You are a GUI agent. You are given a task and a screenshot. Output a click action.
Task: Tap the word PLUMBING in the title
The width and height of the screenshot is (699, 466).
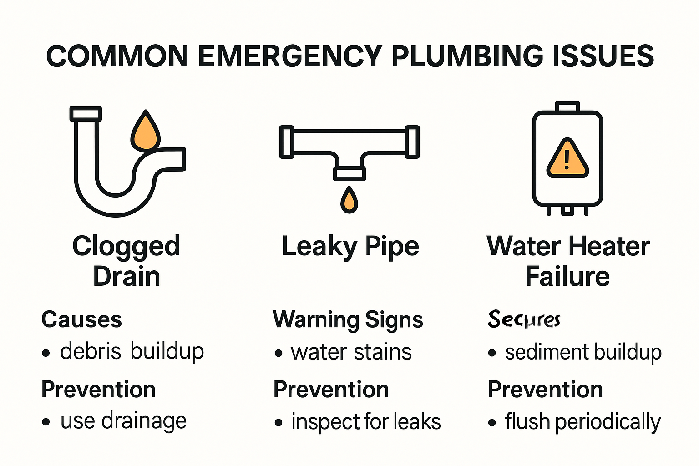tap(467, 56)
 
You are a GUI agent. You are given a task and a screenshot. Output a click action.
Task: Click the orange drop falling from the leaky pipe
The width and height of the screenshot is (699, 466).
tap(349, 200)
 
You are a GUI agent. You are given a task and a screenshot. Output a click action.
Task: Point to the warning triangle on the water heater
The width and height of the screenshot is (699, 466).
tap(567, 159)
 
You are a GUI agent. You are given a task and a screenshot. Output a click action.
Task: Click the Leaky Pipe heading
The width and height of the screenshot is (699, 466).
tap(350, 247)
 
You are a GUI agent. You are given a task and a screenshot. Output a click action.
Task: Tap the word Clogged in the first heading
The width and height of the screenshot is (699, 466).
tap(126, 247)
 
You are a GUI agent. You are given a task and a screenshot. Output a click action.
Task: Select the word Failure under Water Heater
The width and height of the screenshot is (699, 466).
tap(567, 277)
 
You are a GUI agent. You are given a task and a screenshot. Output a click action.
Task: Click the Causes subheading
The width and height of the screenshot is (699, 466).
tap(81, 319)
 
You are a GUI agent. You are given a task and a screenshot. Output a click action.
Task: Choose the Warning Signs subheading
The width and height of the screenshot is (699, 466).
tap(348, 319)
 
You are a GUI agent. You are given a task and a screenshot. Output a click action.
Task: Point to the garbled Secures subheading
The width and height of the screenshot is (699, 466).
tap(524, 319)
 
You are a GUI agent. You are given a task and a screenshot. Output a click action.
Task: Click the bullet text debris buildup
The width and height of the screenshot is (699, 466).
tap(132, 352)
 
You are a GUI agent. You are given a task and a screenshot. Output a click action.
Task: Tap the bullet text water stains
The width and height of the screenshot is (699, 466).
tap(351, 352)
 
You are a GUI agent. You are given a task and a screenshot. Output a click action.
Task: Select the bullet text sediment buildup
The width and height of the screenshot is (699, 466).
tap(583, 352)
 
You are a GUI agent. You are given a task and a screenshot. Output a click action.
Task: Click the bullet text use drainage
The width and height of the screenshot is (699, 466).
tap(123, 421)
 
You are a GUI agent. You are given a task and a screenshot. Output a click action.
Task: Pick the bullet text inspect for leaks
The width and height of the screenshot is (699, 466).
tap(366, 422)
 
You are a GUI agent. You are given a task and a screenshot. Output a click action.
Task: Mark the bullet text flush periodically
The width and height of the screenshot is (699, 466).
tap(582, 422)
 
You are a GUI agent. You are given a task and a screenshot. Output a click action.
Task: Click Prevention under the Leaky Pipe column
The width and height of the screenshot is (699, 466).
tap(331, 390)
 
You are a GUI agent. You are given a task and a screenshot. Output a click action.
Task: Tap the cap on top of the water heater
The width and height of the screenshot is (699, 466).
tap(567, 106)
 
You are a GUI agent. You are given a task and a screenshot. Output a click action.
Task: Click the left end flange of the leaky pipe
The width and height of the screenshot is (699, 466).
tap(287, 142)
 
